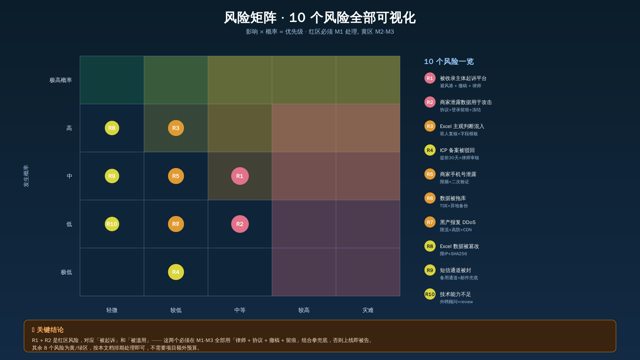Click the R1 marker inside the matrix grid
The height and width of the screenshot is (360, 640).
click(x=240, y=176)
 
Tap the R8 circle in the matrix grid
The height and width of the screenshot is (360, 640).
click(x=112, y=128)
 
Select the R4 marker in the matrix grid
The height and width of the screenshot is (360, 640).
click(x=176, y=272)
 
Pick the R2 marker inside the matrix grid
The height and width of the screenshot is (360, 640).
click(x=240, y=224)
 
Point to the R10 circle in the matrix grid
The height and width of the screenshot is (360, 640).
click(x=112, y=224)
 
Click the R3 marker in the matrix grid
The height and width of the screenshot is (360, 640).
click(x=176, y=128)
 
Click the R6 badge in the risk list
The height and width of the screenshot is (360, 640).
click(x=430, y=198)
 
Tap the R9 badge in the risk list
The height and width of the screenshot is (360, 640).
click(x=430, y=270)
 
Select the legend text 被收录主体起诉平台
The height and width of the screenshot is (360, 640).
click(x=463, y=78)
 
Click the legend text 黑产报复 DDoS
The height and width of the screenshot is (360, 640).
click(x=458, y=222)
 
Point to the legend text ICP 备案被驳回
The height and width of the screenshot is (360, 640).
click(x=457, y=150)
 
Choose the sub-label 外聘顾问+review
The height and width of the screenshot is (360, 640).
click(x=456, y=302)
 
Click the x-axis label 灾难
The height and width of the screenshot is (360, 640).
click(x=368, y=310)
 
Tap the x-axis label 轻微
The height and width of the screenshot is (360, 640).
click(x=112, y=310)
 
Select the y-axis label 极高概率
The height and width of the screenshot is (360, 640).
click(x=60, y=80)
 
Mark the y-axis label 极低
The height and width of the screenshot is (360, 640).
click(x=66, y=272)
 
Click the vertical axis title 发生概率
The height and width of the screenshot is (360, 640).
click(x=26, y=176)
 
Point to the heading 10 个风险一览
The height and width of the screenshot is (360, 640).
click(x=448, y=62)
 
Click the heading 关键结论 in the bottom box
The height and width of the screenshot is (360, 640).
click(x=50, y=330)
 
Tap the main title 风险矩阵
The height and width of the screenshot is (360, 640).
click(x=250, y=18)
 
